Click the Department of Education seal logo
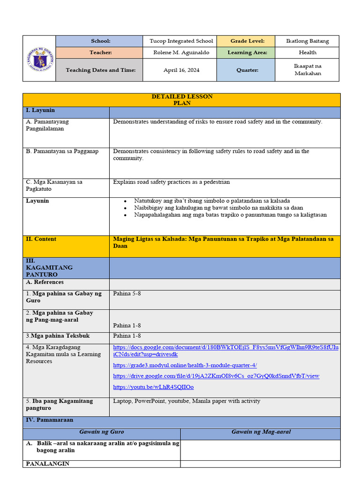click(39, 59)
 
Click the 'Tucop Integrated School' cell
click(181, 41)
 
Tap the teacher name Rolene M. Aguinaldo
click(181, 52)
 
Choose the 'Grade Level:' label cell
click(247, 41)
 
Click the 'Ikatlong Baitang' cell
click(307, 41)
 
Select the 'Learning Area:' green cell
click(247, 52)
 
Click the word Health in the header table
click(307, 52)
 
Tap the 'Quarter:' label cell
click(247, 70)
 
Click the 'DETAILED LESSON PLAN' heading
click(182, 99)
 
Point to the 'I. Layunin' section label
click(40, 111)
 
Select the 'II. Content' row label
click(41, 239)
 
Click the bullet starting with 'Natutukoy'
click(212, 201)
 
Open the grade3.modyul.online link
click(185, 365)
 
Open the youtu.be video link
click(153, 387)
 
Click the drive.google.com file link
click(216, 376)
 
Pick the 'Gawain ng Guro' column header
click(102, 432)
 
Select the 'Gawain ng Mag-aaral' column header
click(261, 432)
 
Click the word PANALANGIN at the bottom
click(48, 464)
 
